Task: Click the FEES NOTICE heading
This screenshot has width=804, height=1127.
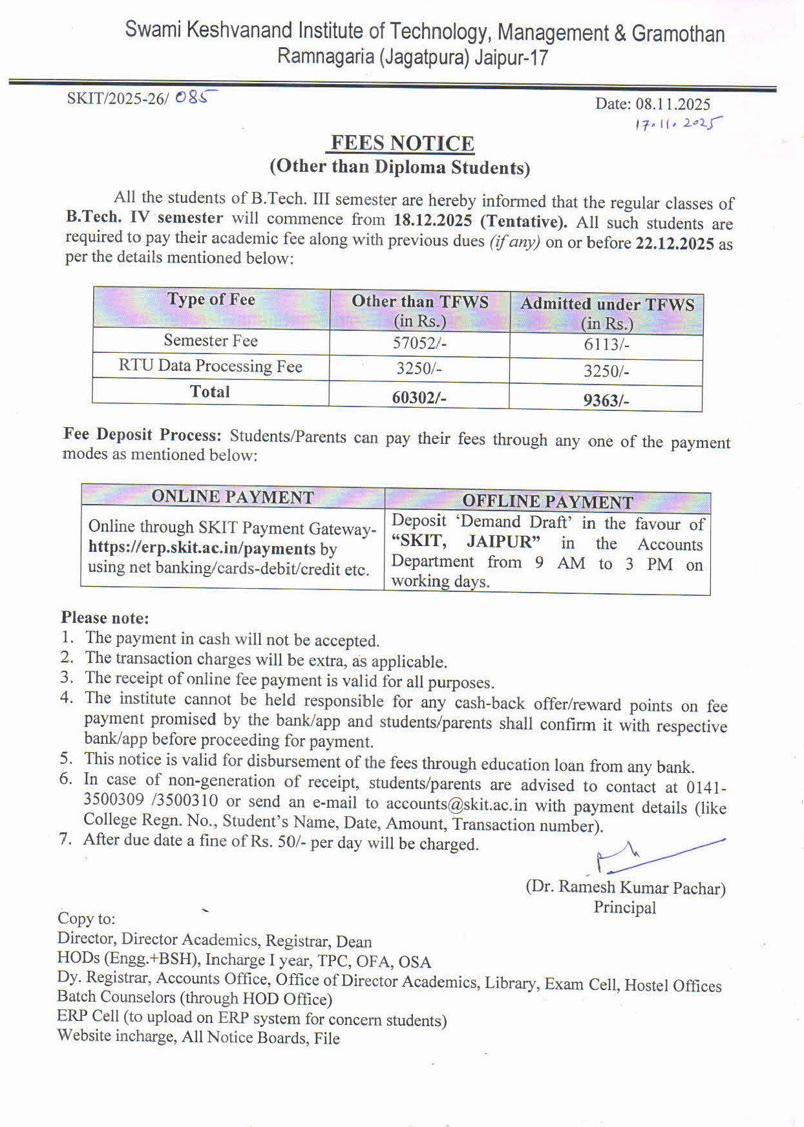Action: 402,143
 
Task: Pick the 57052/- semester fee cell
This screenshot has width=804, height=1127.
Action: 419,342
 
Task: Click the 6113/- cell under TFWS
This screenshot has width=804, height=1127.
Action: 606,344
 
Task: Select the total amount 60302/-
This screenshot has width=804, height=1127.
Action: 419,397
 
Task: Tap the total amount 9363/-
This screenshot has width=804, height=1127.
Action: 606,400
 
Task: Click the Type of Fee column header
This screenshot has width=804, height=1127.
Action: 211,300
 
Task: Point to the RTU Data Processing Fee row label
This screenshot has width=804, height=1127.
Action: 211,366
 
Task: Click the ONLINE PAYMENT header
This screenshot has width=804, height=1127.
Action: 233,497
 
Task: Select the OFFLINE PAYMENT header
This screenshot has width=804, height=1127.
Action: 547,501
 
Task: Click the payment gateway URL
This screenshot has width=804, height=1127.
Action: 202,548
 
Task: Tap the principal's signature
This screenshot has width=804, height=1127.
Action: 653,856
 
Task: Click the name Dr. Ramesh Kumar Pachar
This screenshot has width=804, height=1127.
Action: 626,887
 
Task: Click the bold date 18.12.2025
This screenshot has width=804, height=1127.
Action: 432,220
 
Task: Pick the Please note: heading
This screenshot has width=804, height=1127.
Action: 105,618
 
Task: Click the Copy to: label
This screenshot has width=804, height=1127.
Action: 87,918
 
